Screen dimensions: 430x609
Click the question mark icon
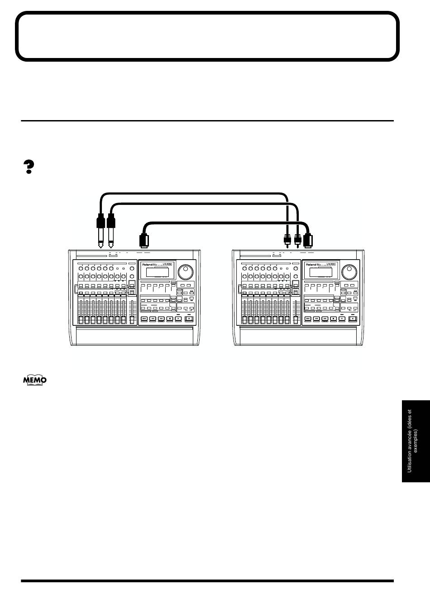(x=29, y=167)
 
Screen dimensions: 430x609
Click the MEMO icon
(x=35, y=380)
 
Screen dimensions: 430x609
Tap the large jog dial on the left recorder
(x=186, y=272)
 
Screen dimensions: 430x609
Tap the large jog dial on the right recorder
(x=349, y=272)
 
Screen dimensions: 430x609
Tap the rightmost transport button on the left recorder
(x=188, y=319)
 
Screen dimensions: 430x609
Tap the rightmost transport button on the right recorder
(x=352, y=319)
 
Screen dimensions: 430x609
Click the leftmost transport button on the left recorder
(x=144, y=319)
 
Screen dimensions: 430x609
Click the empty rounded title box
(x=207, y=36)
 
